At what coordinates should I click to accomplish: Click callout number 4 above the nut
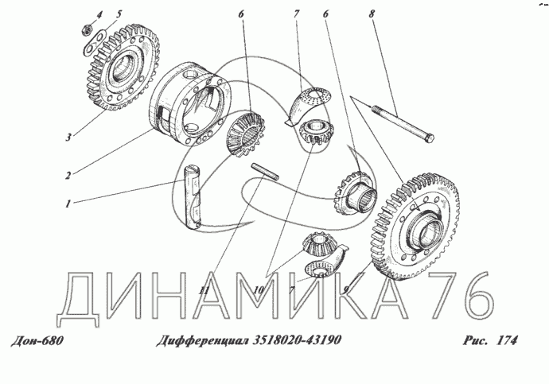pos(99,14)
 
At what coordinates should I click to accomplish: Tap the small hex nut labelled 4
pos(88,29)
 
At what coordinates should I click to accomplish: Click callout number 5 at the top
pos(119,14)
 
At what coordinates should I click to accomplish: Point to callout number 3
pos(68,137)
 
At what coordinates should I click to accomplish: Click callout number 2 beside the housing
pos(68,175)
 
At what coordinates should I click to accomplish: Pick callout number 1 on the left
pos(68,204)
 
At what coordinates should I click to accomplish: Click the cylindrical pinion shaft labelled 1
pos(193,198)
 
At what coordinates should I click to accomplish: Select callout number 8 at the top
pos(371,14)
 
